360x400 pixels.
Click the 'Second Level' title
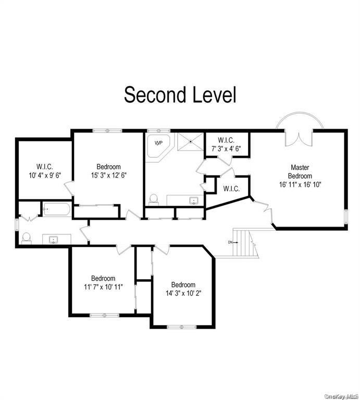180,95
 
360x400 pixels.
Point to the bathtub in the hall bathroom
56,209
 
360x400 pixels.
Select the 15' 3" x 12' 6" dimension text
108,175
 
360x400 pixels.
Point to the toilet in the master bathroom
154,199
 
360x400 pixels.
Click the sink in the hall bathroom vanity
53,240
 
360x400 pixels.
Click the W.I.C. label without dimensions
231,189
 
